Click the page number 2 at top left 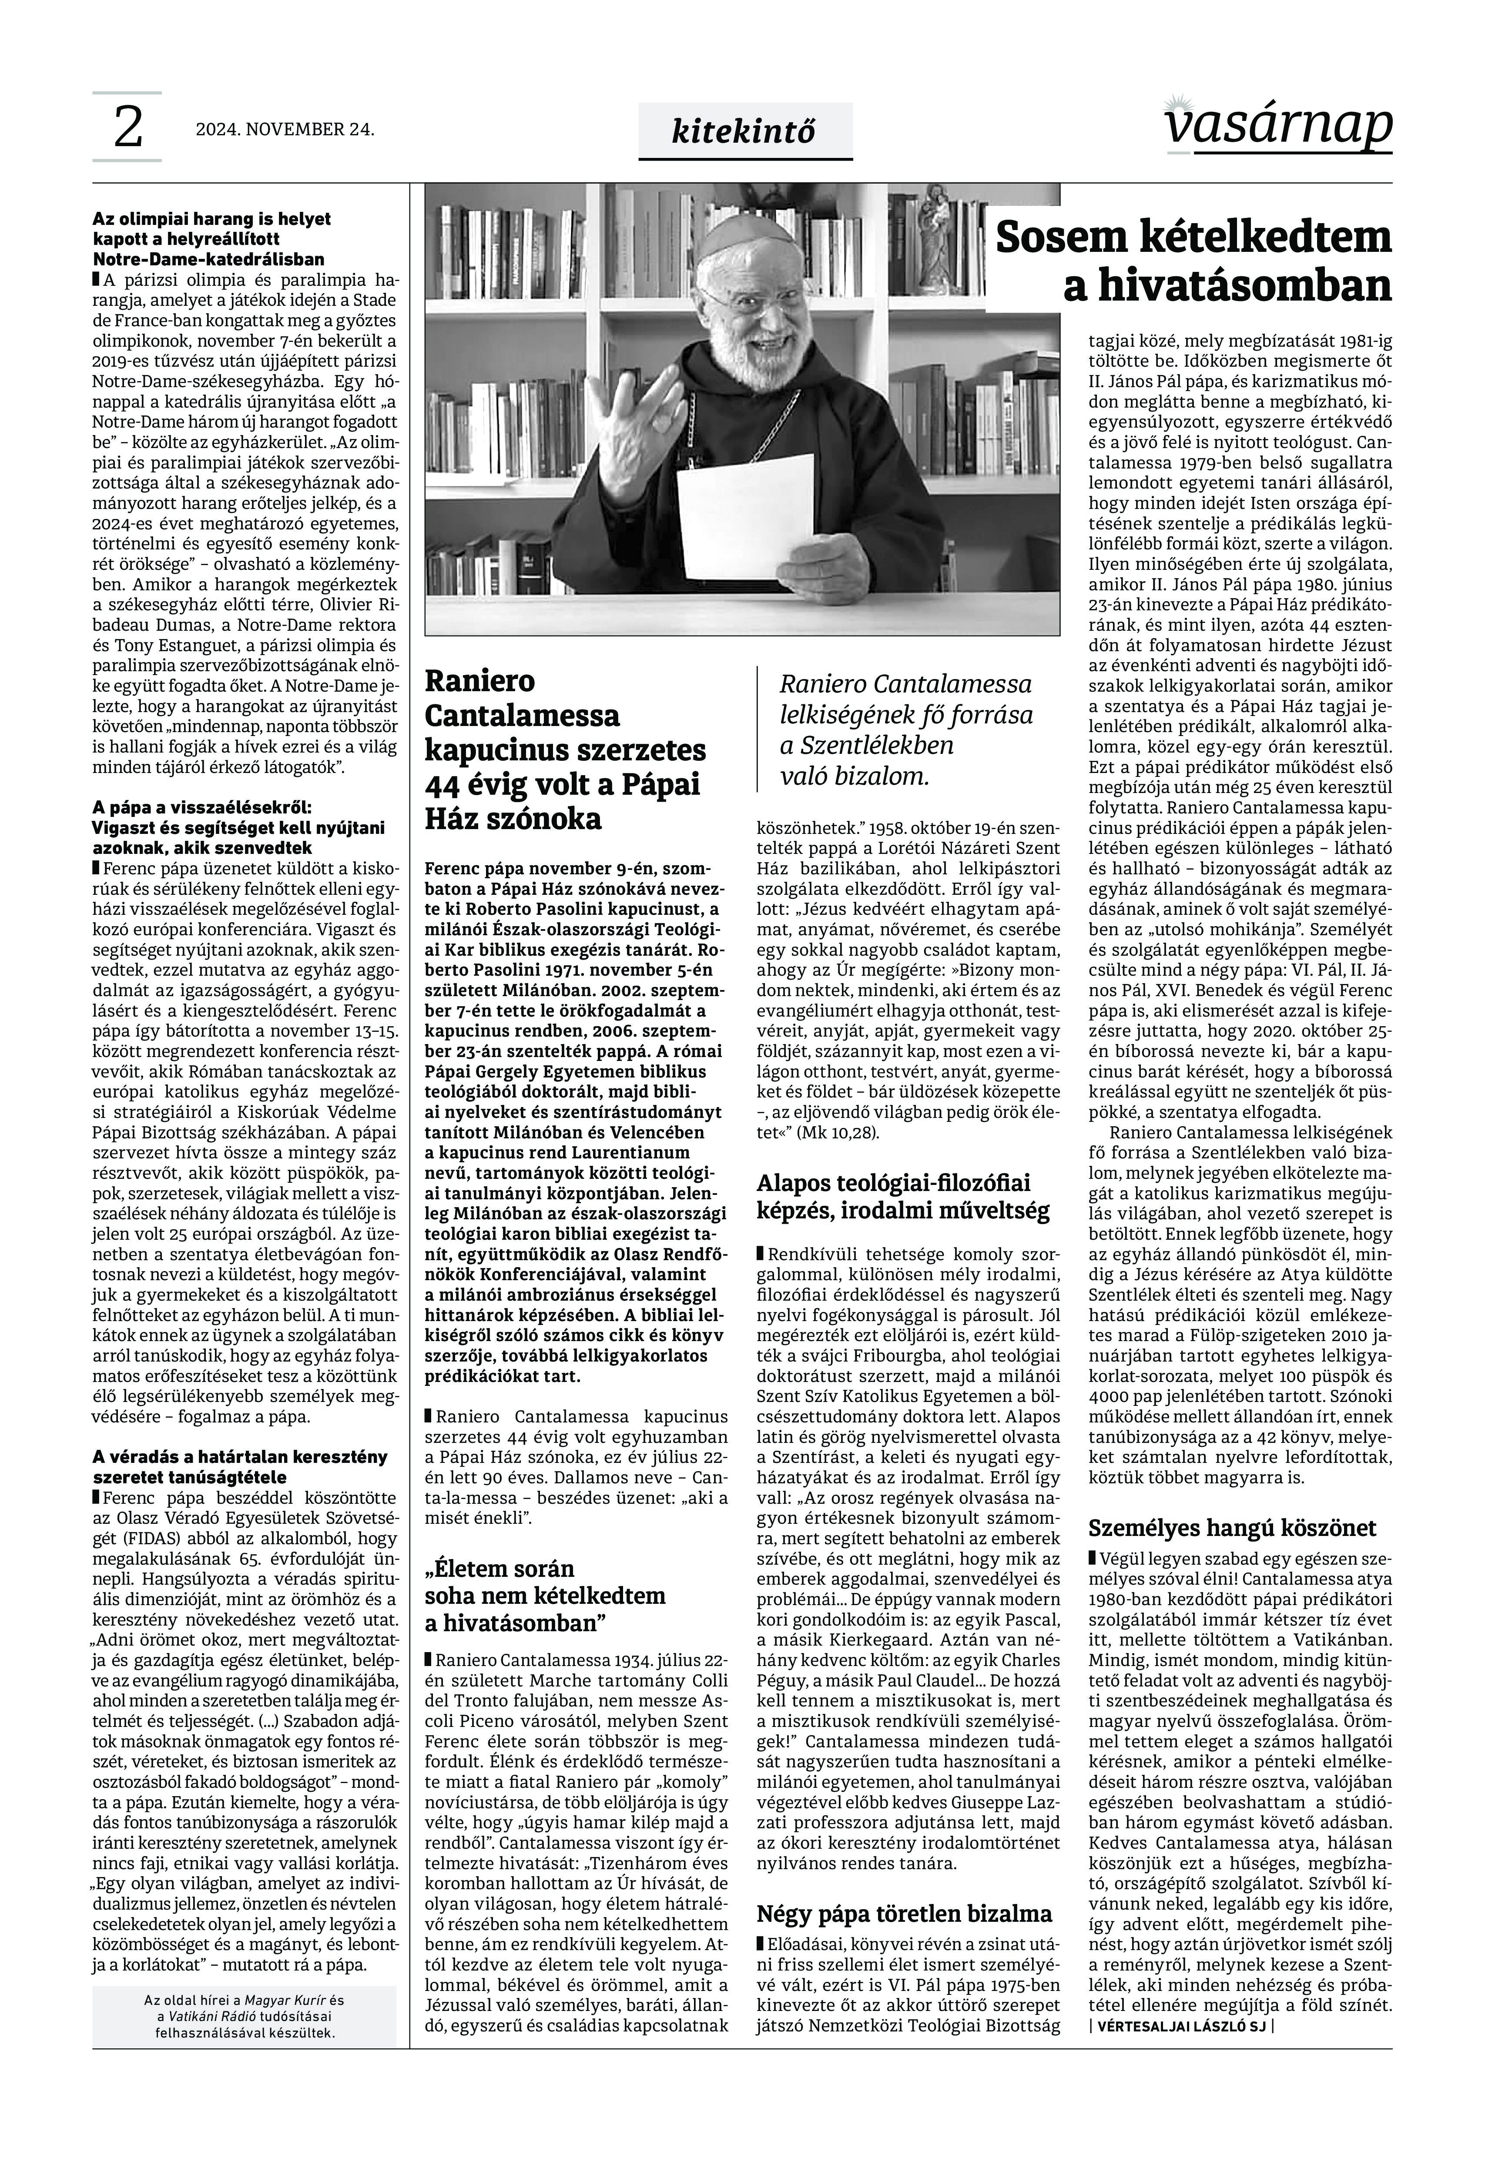127,127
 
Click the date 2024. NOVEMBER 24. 285,129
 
